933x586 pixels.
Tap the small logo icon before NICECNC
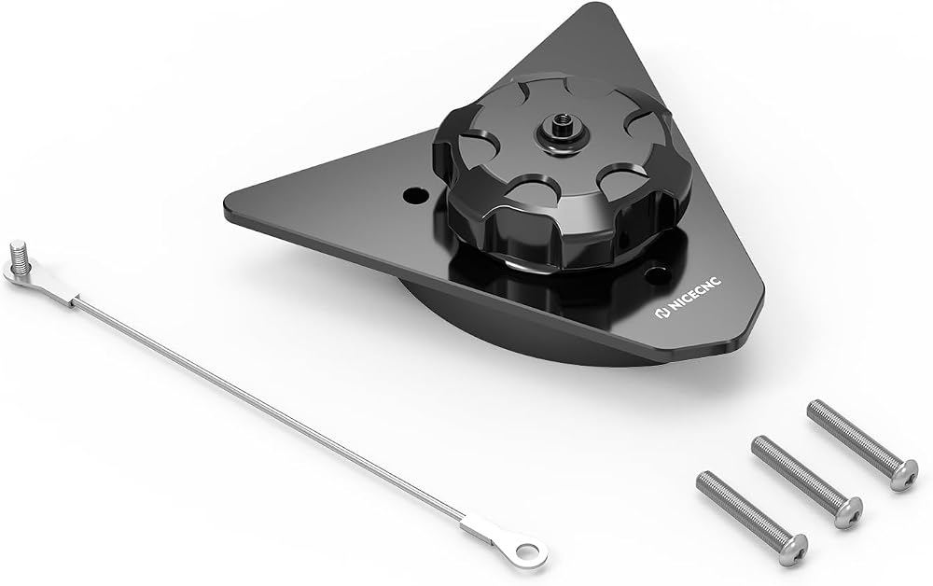662,314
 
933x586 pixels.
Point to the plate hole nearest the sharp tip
415,194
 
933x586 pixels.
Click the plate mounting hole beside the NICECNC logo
655,274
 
